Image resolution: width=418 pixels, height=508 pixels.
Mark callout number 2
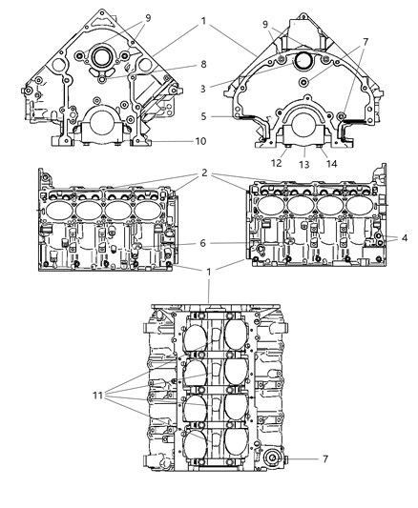point(204,175)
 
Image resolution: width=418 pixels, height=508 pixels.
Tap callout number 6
point(203,243)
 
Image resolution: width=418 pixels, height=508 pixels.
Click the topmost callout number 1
point(203,20)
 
